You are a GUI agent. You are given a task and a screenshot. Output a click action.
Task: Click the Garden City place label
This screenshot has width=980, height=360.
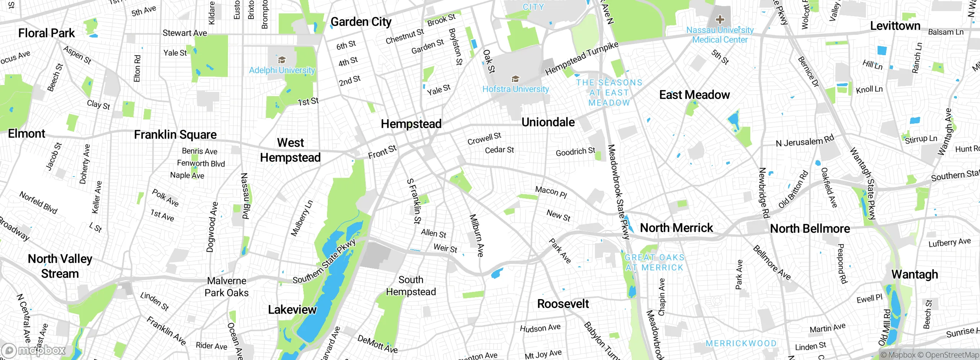point(361,22)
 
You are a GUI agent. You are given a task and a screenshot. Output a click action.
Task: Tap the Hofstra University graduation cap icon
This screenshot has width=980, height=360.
point(515,79)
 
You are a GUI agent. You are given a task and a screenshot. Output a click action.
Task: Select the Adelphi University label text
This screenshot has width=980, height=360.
point(282,70)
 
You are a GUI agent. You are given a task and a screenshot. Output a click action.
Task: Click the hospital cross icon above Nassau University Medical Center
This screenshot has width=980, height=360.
point(720,19)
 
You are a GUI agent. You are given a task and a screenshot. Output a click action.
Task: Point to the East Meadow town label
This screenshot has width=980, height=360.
point(694,95)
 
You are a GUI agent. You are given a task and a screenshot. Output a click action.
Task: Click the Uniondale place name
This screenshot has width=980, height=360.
point(548,122)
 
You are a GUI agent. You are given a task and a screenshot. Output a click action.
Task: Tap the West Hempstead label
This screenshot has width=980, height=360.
point(290,150)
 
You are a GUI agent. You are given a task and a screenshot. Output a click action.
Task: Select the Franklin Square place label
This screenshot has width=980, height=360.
point(175,134)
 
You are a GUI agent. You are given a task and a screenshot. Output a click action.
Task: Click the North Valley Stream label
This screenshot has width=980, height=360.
point(60,266)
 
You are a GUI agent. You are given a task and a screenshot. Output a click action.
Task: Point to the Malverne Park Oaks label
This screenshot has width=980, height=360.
point(226,286)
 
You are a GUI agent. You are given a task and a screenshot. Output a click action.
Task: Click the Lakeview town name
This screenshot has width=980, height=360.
point(292,309)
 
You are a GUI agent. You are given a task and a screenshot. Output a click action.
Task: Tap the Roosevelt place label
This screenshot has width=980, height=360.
point(563,304)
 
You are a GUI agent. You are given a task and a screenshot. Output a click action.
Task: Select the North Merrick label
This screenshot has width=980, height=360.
point(676,228)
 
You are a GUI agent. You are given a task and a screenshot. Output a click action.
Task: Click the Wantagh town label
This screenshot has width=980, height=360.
point(915,274)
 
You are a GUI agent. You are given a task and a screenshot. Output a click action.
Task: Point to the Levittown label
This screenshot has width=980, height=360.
point(895,26)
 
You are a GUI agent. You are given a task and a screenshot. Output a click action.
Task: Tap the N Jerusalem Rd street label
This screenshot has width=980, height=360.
point(805,141)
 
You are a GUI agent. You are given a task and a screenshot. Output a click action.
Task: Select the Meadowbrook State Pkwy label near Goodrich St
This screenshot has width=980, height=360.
point(618,191)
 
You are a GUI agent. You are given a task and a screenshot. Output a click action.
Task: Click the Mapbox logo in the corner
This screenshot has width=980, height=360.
point(34,350)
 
